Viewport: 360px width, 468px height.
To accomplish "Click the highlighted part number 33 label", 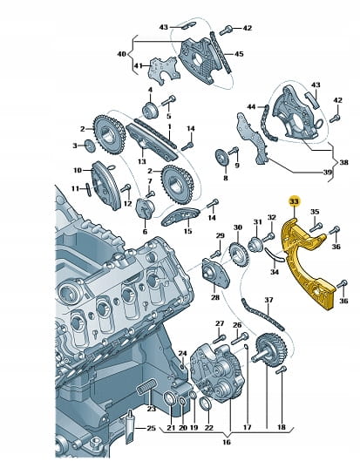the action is (x=295, y=202).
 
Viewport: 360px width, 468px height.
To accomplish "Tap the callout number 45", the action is (x=239, y=54).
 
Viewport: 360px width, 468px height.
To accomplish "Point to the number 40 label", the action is (x=122, y=55).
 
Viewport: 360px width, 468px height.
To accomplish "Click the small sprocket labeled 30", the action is (x=238, y=249).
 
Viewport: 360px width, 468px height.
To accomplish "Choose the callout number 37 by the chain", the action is (x=268, y=300).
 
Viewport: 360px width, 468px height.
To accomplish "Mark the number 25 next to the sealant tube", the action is (x=152, y=428).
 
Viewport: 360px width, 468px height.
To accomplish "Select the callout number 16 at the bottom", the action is (x=227, y=442).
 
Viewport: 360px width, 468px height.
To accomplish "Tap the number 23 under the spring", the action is (x=152, y=409).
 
